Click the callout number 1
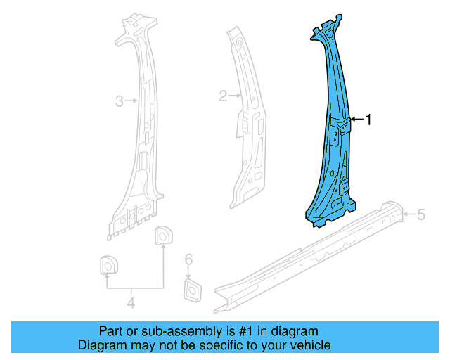point(368,120)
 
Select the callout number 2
point(223,96)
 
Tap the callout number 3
point(120,102)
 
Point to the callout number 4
point(131,303)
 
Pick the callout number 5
point(421,214)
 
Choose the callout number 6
point(188,260)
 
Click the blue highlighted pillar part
point(332,162)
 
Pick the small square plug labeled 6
point(190,288)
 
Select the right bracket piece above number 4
point(163,235)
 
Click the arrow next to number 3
point(131,102)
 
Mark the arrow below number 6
point(188,272)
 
